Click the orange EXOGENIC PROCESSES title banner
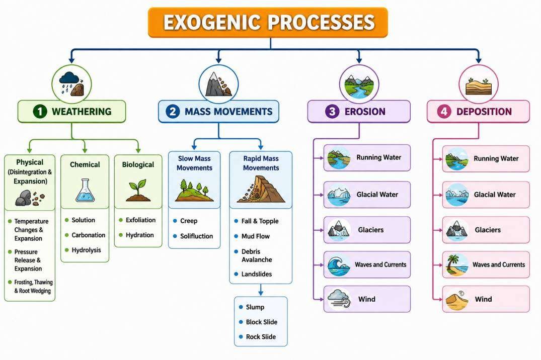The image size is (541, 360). (x=268, y=23)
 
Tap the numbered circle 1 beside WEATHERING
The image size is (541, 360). (x=40, y=112)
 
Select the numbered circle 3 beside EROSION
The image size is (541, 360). (x=332, y=112)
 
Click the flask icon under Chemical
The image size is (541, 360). (x=85, y=190)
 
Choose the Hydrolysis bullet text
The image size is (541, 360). (x=86, y=250)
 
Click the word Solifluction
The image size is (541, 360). (x=196, y=236)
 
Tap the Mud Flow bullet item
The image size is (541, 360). (x=255, y=236)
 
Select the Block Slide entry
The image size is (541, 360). (x=262, y=322)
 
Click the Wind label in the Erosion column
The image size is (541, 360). (x=367, y=299)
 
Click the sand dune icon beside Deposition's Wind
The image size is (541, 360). (x=456, y=299)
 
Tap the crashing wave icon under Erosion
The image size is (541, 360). (x=339, y=265)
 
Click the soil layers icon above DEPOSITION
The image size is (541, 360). (x=478, y=85)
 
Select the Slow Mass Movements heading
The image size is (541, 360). (x=194, y=163)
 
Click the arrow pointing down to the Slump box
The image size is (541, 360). (x=261, y=290)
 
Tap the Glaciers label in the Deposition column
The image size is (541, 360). (x=488, y=230)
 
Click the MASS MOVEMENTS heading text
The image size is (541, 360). (x=228, y=112)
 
